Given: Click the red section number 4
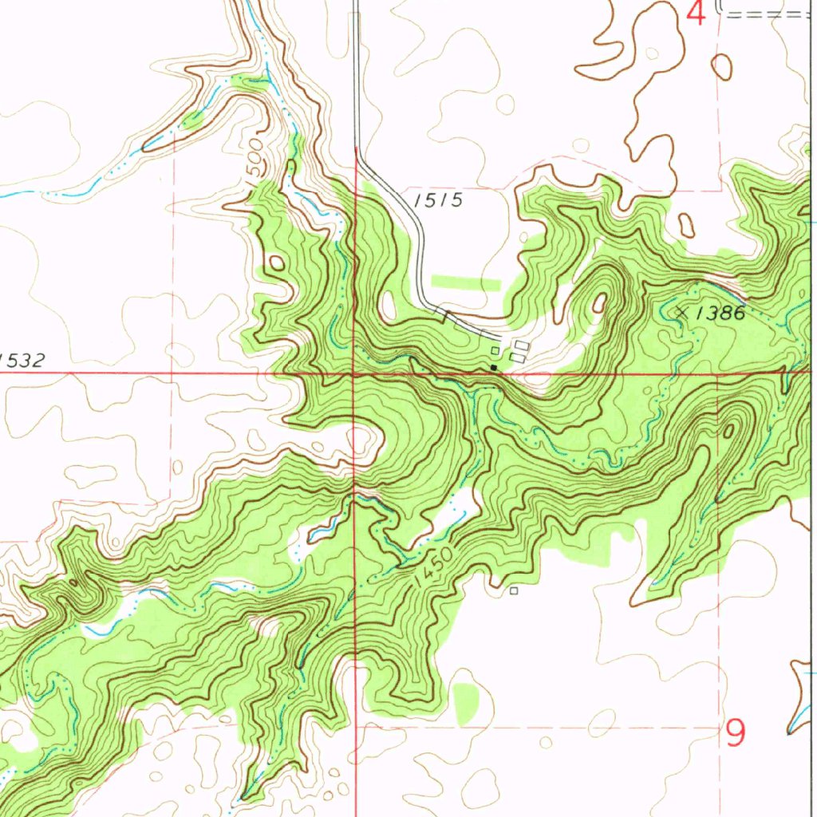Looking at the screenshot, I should tap(697, 14).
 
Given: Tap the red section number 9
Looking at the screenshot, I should tap(736, 732).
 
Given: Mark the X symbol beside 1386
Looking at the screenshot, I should tap(681, 312).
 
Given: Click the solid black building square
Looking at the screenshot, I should tap(494, 368).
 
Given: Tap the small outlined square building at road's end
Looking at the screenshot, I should tap(495, 350).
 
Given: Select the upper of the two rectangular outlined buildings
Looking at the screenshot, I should tap(522, 345).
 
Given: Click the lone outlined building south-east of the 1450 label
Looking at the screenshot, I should tap(514, 591).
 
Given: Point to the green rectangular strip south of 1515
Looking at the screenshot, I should tap(465, 282).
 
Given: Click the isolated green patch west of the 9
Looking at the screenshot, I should tap(466, 701).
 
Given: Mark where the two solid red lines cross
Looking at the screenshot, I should tap(355, 373).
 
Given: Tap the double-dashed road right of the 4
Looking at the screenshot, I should tap(766, 13).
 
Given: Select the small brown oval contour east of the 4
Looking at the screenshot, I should tap(722, 66).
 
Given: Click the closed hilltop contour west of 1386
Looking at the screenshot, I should tap(598, 303).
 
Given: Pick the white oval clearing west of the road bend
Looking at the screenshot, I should tap(389, 305).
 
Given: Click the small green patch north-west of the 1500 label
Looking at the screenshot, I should tap(192, 120).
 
